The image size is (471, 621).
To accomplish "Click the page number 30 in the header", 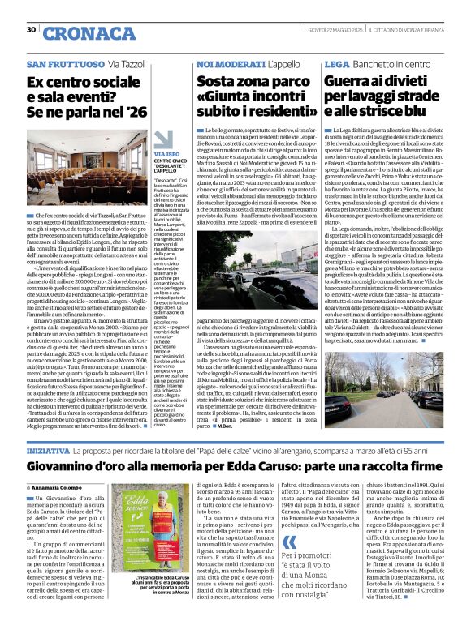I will coord(31,30).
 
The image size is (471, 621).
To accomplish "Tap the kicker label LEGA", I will coord(337,63).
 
